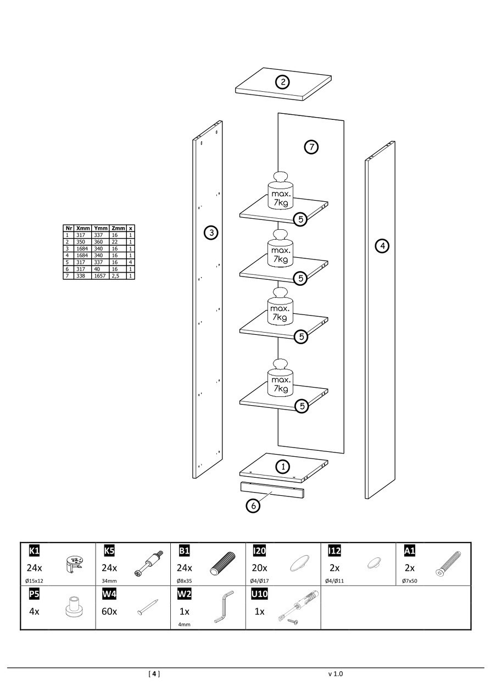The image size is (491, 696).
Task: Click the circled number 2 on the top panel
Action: (x=282, y=82)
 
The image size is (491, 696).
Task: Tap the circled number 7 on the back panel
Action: (x=311, y=147)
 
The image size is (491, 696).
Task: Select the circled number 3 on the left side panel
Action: (x=210, y=233)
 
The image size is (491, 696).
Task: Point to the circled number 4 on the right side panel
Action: (x=382, y=245)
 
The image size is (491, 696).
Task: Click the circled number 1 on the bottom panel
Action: (x=282, y=467)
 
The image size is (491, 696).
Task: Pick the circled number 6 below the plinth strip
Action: (x=253, y=506)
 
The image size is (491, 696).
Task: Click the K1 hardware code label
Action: (x=34, y=550)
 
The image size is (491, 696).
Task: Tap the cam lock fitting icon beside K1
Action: (x=73, y=564)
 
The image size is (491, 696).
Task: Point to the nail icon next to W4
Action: (x=148, y=607)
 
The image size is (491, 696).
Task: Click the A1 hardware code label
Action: (x=410, y=550)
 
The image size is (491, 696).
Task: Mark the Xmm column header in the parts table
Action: (x=83, y=228)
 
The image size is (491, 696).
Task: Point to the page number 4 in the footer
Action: (x=155, y=673)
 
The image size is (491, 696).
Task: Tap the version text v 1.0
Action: (x=335, y=673)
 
